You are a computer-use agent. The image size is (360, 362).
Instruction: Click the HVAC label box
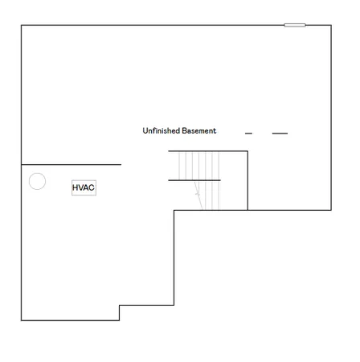coord(84,187)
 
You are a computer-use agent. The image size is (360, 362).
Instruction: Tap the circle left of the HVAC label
coord(37,181)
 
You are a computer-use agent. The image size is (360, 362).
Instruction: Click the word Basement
coord(198,130)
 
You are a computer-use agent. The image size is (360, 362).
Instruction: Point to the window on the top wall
coord(294,25)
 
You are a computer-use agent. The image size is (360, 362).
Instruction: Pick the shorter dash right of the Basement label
coord(248,134)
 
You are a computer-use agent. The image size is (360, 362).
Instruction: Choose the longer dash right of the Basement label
coord(280,134)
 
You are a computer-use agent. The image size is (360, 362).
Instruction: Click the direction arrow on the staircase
coord(197,192)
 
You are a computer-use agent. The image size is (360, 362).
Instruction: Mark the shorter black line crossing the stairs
coord(194,180)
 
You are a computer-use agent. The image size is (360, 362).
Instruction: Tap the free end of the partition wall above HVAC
coord(121,164)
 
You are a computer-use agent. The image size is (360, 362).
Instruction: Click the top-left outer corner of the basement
coord(21,25)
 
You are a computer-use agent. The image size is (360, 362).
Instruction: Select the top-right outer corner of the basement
coord(330,25)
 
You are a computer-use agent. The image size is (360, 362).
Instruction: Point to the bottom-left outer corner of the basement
coord(21,320)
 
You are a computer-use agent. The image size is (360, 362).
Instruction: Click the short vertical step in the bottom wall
coord(120,312)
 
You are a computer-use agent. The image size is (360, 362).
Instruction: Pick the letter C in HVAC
coord(92,187)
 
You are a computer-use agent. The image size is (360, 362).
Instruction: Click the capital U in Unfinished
coord(145,130)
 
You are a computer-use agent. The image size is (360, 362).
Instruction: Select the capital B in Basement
coord(184,130)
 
